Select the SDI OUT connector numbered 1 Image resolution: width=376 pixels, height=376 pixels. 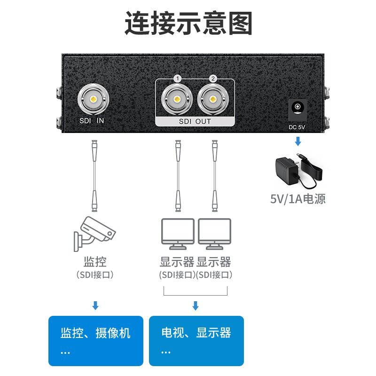point(177,99)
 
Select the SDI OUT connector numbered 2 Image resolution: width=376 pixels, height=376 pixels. point(212,99)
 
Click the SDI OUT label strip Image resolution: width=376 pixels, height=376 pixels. point(195,122)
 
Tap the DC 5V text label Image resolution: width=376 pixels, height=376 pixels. point(297,126)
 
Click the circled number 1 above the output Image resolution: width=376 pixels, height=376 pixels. point(177,78)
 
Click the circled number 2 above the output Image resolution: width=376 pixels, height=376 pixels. point(212,78)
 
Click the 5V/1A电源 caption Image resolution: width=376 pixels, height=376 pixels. point(298,198)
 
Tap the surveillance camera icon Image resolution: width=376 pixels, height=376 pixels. point(94,232)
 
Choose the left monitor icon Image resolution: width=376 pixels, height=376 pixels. point(178,234)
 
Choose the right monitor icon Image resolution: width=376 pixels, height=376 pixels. point(214,234)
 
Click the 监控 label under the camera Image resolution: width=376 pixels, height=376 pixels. point(95,262)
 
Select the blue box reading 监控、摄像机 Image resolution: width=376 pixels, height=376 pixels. point(95,341)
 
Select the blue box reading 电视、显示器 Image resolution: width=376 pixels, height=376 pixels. point(196,341)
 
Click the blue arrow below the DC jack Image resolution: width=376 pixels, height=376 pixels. point(298,141)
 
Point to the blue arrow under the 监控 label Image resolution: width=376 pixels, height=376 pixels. point(95,306)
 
